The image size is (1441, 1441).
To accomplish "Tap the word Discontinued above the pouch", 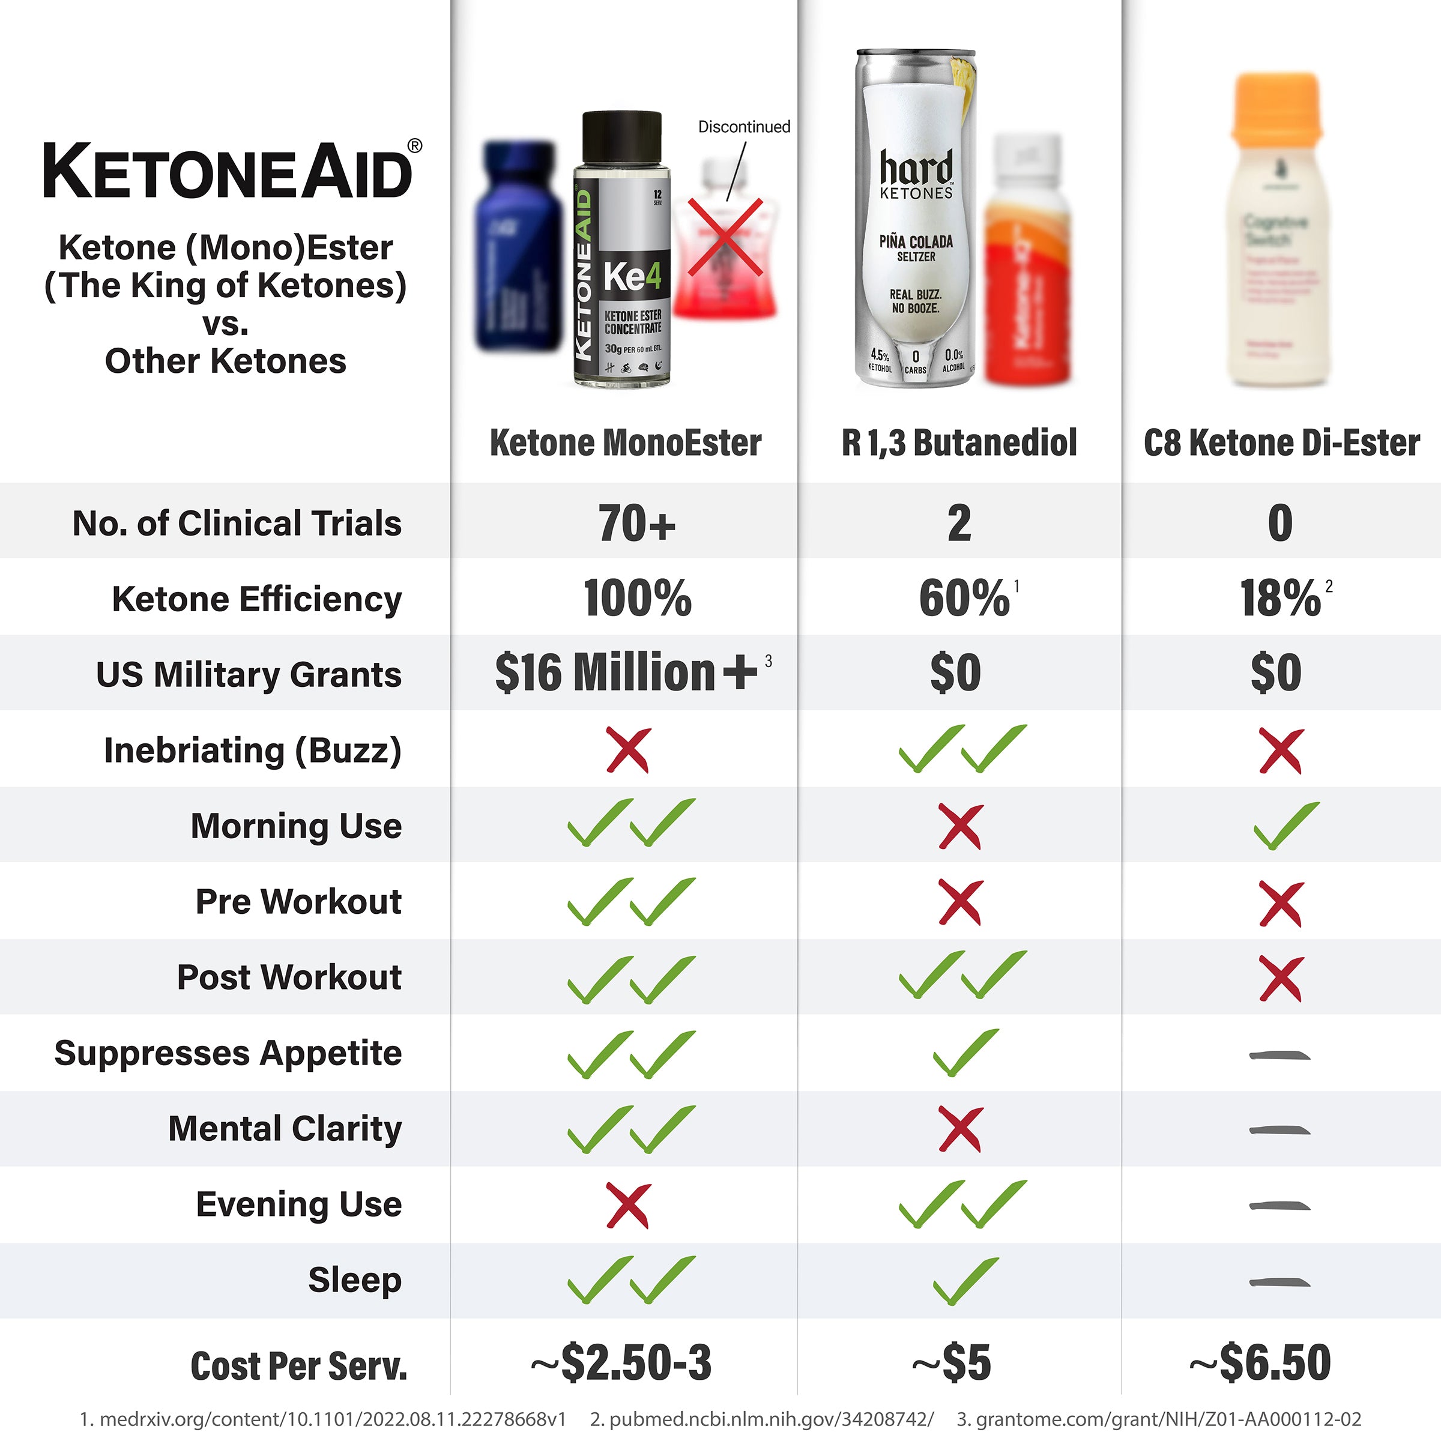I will tap(744, 127).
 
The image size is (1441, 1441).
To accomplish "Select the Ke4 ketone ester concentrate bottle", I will tap(621, 250).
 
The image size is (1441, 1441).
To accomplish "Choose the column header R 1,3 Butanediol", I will tap(959, 443).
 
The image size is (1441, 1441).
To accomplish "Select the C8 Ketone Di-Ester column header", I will tap(1281, 443).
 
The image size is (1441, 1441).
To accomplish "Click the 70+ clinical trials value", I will tap(636, 523).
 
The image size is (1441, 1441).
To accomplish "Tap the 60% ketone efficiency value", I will tap(964, 598).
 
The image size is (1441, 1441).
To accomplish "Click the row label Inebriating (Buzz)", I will tap(252, 751).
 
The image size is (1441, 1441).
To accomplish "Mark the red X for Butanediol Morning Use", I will tap(961, 826).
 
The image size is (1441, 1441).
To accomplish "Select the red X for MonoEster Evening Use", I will tap(628, 1205).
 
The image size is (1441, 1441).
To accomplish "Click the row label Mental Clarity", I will tap(285, 1129).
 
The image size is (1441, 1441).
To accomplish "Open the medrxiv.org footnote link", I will tap(323, 1419).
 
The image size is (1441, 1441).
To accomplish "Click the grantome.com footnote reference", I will tap(1159, 1419).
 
